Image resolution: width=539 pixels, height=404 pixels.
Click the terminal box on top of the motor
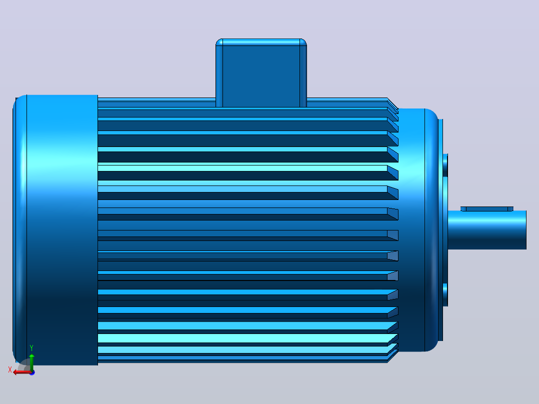click(261, 73)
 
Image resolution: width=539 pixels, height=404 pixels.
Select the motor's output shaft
click(487, 229)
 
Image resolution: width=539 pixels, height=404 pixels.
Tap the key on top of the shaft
click(487, 208)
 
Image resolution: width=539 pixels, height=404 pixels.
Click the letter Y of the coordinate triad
click(31, 348)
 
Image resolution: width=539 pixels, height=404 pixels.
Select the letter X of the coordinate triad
click(10, 369)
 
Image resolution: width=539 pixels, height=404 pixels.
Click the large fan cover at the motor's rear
click(55, 230)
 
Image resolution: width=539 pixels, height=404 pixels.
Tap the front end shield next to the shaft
click(417, 230)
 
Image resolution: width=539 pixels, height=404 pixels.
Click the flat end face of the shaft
click(526, 229)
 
